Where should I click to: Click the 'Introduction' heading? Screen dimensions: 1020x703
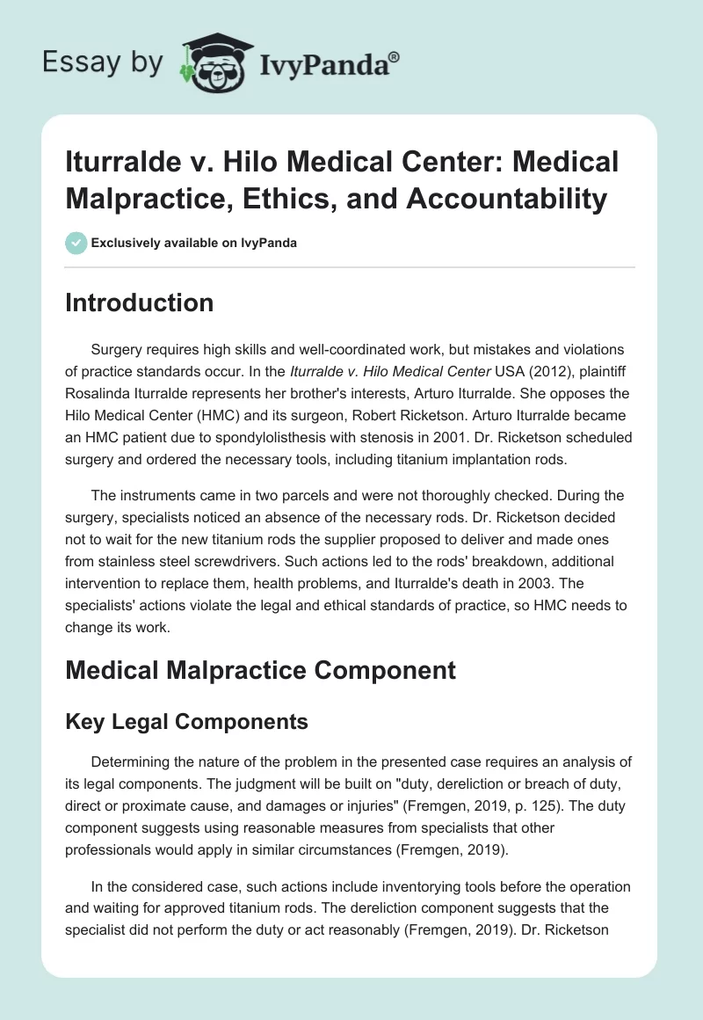[140, 302]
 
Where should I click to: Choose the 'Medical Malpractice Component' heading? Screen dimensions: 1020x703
[261, 670]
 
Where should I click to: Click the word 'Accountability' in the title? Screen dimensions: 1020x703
[508, 200]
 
